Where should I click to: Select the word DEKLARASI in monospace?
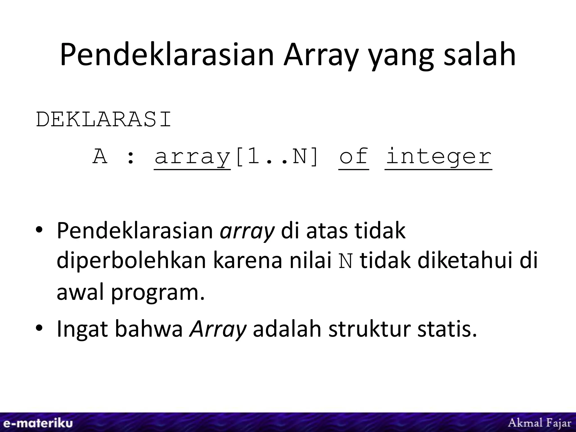[103, 120]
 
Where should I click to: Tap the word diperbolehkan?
[132, 261]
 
